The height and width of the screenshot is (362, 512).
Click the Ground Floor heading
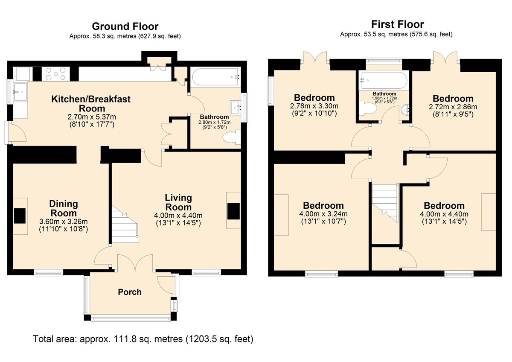[125, 26]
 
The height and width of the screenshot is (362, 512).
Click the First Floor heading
[398, 24]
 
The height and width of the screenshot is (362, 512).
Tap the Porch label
[130, 292]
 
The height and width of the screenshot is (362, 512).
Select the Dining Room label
[64, 208]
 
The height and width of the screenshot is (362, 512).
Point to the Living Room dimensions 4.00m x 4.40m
[178, 215]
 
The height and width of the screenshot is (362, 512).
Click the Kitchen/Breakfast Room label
[91, 104]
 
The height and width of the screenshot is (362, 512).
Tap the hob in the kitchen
[56, 74]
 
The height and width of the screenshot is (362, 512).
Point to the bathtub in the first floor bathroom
[383, 80]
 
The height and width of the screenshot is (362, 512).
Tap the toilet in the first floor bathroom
[367, 108]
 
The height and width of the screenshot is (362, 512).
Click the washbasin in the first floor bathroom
[405, 110]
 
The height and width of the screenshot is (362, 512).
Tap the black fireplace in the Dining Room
[20, 216]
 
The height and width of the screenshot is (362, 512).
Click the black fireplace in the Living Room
[233, 211]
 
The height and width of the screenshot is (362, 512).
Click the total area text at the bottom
[143, 339]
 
